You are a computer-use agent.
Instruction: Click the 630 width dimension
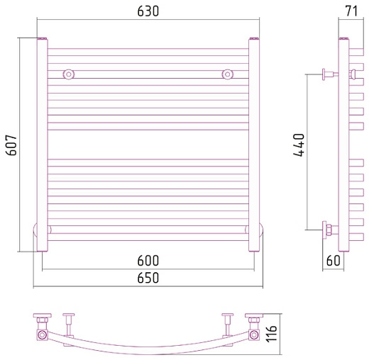click(148, 11)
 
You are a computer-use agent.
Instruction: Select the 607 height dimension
click(11, 145)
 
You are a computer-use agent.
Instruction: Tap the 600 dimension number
click(148, 261)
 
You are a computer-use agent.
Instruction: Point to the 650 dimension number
click(148, 278)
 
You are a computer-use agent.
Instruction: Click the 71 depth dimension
click(351, 11)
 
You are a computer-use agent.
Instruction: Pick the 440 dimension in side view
click(299, 145)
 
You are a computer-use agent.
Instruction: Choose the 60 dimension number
click(333, 261)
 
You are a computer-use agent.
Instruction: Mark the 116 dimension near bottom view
click(271, 334)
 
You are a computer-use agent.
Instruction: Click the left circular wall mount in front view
click(69, 74)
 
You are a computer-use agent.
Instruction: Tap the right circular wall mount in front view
click(228, 74)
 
